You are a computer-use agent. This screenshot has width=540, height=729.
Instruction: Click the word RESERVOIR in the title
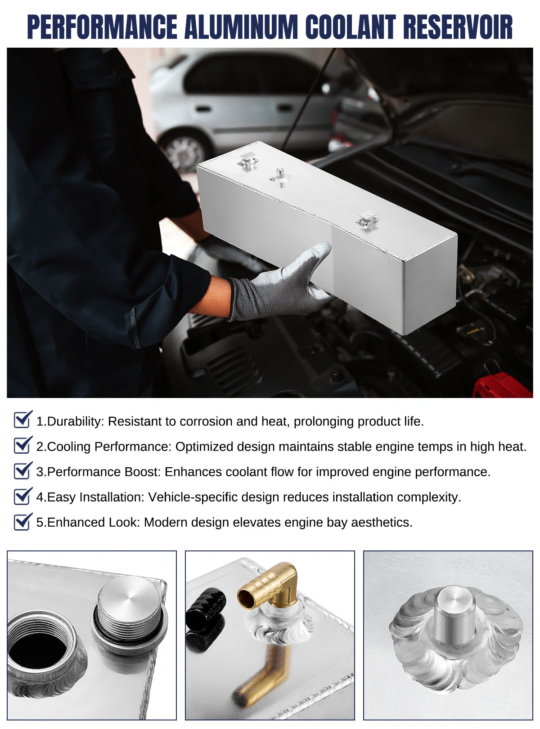458,27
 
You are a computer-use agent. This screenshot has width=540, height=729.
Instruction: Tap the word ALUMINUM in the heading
241,27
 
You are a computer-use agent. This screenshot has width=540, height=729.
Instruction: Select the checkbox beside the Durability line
23,419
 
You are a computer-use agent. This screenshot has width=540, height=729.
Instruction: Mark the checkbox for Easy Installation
23,495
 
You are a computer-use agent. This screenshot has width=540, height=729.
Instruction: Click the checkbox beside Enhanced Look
23,521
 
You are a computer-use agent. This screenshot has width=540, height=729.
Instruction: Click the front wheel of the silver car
185,151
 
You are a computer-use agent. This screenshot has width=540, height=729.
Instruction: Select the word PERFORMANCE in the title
102,27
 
